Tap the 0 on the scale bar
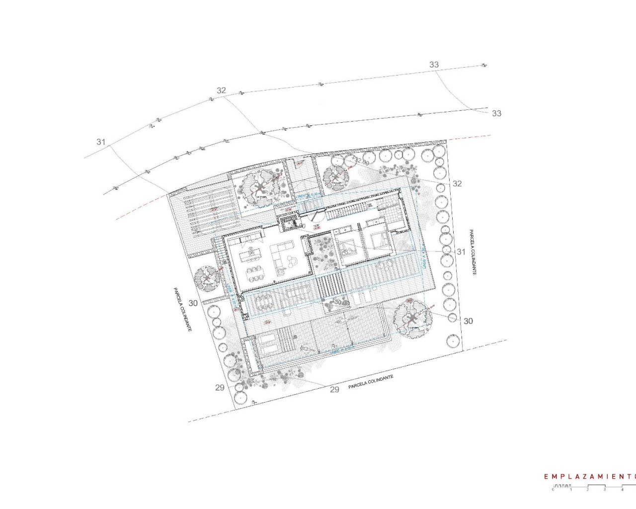point(553,490)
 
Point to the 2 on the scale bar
point(588,490)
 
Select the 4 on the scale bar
point(622,490)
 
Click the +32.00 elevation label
point(361,162)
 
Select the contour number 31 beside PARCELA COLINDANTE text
point(461,252)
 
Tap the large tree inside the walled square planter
point(259,187)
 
